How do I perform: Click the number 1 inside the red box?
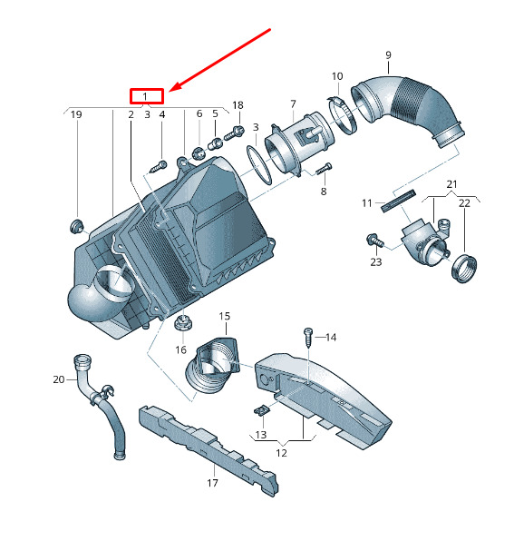145,96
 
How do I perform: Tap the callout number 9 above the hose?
388,55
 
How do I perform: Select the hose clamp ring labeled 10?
342,115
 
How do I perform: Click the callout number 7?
293,103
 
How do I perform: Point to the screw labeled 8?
324,169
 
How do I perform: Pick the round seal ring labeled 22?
464,268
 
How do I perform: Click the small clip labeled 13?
262,409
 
